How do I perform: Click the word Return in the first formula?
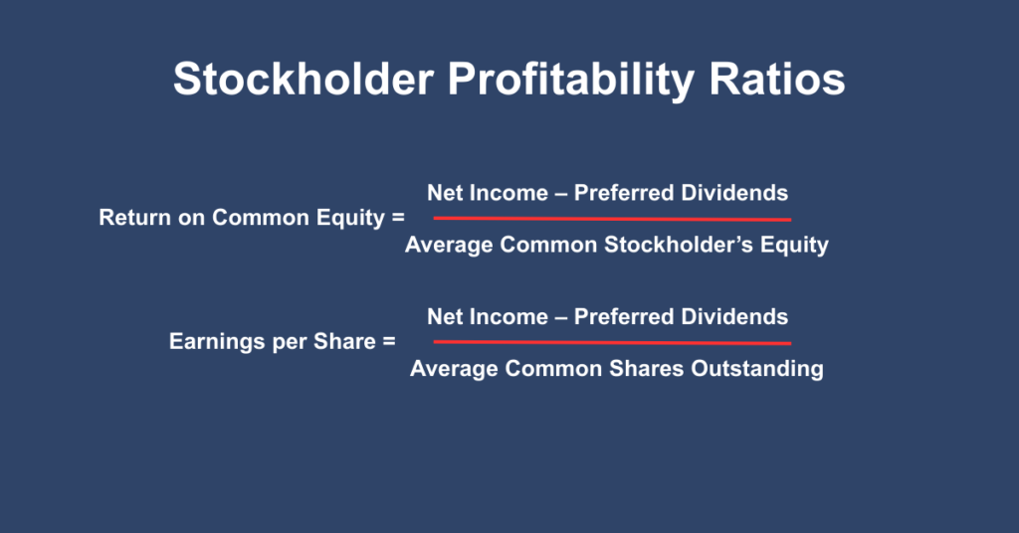pos(134,218)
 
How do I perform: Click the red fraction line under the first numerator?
pos(612,218)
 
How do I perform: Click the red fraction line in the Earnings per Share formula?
pos(612,342)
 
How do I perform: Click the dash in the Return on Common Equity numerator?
pos(560,193)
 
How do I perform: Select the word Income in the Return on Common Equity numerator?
pos(510,193)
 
